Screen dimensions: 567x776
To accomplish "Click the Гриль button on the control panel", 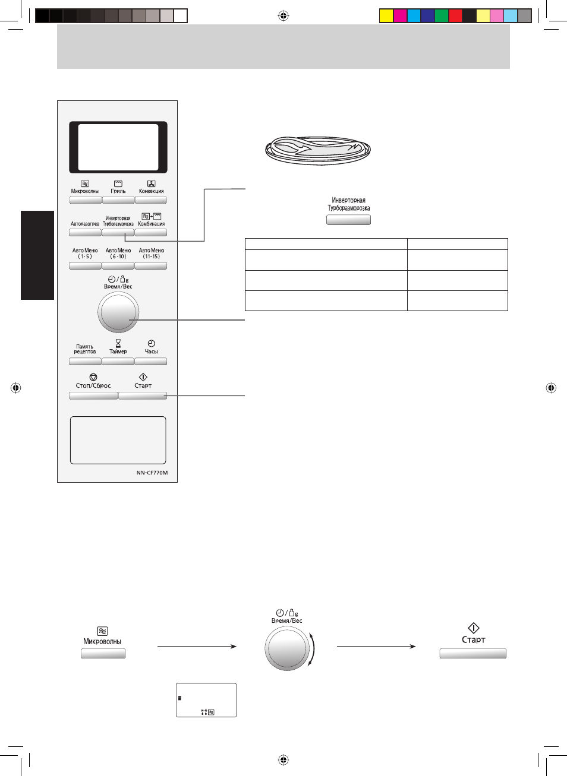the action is coord(118,200).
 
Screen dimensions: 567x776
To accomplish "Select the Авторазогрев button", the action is coord(85,233).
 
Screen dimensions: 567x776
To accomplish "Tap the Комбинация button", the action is coord(151,233).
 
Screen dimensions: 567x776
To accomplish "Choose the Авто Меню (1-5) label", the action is coord(85,254).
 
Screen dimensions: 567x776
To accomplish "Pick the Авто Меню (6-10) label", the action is coord(118,254).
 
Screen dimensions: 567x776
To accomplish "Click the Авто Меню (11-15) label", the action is coord(152,254).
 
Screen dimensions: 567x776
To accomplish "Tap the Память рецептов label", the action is coord(85,349).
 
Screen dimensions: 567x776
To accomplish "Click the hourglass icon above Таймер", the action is coord(118,343).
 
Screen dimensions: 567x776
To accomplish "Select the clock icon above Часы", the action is coord(151,343).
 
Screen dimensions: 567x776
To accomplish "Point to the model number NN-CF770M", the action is coord(152,473).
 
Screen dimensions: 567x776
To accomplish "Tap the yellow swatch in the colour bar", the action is coord(386,16).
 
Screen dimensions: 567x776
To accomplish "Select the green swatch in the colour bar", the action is coord(442,16).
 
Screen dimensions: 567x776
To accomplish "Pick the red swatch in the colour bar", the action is coord(455,16).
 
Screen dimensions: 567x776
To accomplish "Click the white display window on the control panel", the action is coord(118,147).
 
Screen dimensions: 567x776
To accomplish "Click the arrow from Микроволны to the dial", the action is coord(197,646).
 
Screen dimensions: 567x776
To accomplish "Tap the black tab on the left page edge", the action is coord(37,255).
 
